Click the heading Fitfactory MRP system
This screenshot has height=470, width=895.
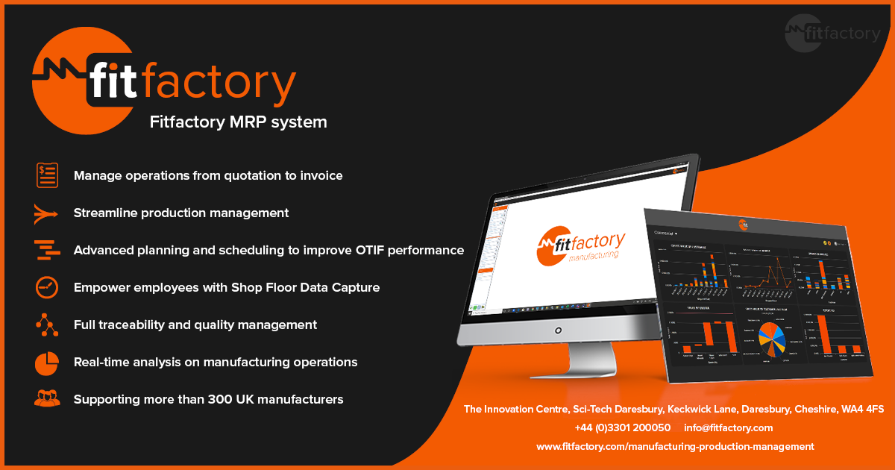pos(239,122)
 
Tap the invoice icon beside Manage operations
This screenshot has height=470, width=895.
pos(47,175)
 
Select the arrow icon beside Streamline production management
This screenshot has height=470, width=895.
pos(46,213)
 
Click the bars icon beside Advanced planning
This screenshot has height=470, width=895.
pos(47,251)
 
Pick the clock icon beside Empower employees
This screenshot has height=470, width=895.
pos(47,287)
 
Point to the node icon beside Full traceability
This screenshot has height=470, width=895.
pos(46,325)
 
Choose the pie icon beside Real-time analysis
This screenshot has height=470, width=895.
pos(47,363)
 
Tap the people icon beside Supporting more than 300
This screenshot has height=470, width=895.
pos(47,399)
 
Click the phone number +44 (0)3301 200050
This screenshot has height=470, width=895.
pos(622,428)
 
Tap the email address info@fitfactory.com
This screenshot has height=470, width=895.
pos(728,428)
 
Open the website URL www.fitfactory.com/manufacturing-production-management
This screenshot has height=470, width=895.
pos(675,447)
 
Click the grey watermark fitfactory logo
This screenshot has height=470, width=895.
pos(832,34)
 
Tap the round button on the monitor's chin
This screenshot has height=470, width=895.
pos(558,329)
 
